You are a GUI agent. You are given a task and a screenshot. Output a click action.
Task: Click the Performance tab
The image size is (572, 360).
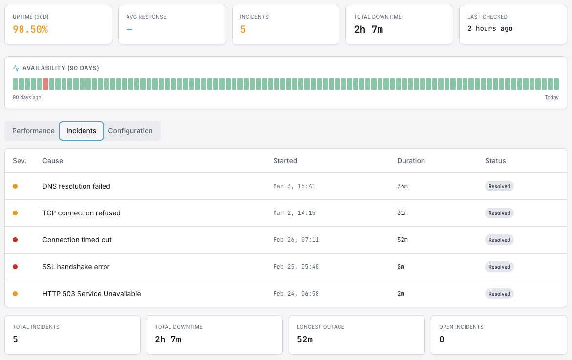pos(33,131)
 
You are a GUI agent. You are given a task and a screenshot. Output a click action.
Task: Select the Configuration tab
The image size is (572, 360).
pos(130,131)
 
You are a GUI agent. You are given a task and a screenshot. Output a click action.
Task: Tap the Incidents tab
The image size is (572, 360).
pos(81,131)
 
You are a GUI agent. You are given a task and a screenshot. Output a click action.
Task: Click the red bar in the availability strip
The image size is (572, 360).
pos(46,84)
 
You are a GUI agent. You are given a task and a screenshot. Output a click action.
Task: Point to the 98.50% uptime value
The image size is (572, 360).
pos(30,29)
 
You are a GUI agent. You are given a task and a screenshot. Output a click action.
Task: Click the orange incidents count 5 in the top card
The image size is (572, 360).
pos(243,29)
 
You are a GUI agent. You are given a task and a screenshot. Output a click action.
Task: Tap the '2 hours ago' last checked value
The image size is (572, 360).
pos(490,29)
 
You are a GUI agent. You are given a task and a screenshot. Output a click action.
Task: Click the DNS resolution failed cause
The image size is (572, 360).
pos(76,186)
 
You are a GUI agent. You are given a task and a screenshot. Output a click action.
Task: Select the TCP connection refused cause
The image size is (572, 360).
pos(82,213)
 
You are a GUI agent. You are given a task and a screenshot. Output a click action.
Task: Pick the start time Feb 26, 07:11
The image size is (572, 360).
pos(296,240)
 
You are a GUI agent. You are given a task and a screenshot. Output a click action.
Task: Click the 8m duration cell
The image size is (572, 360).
pos(401,267)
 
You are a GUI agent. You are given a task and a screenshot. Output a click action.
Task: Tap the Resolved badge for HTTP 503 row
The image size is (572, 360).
pos(499,294)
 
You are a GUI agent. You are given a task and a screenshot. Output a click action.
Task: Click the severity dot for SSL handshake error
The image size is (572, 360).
pos(15,267)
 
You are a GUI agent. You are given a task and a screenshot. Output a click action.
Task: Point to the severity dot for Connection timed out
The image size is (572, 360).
pos(15,240)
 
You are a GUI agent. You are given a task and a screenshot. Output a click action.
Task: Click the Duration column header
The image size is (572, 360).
pos(411,161)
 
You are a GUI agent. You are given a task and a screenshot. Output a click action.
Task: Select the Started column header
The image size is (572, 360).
pos(285,161)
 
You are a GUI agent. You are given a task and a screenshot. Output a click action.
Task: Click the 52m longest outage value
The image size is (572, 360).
pos(305,339)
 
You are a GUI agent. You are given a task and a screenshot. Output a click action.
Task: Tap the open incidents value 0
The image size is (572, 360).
pos(442,339)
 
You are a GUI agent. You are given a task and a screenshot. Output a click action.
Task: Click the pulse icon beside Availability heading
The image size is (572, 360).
pos(16,68)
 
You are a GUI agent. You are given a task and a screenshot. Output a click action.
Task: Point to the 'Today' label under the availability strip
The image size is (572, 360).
pos(551,98)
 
